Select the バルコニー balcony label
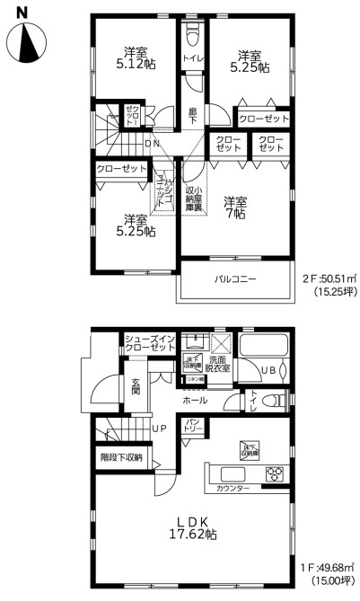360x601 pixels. click(x=234, y=279)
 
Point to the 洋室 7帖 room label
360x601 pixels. click(x=236, y=208)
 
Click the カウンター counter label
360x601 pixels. click(x=233, y=489)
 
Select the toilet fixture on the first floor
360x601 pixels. click(x=277, y=399)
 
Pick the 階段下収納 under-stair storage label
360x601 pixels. click(x=121, y=457)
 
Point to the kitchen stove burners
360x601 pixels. click(x=274, y=473)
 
